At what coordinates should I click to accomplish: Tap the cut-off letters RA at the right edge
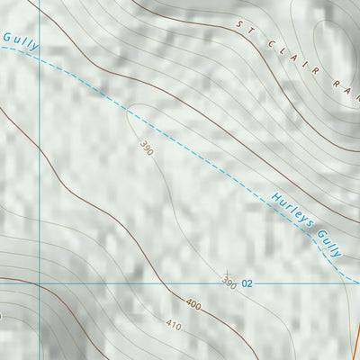(346, 84)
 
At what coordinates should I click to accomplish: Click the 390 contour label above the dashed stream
(147, 148)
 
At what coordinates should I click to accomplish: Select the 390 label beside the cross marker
(229, 284)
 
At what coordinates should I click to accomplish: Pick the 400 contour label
(193, 303)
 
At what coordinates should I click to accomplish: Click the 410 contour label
(173, 324)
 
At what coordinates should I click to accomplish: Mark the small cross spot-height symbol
(227, 274)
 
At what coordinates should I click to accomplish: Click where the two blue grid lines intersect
(40, 282)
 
